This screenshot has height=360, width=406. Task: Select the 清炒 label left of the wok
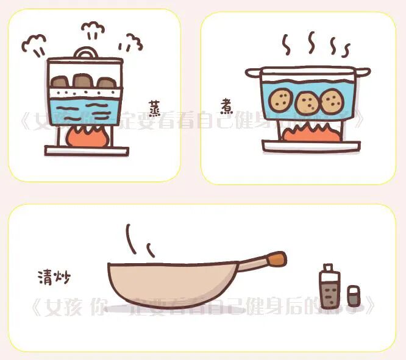[53, 278]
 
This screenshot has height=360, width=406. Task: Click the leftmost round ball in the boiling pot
[282, 99]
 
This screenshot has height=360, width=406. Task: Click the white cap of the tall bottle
[329, 269]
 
